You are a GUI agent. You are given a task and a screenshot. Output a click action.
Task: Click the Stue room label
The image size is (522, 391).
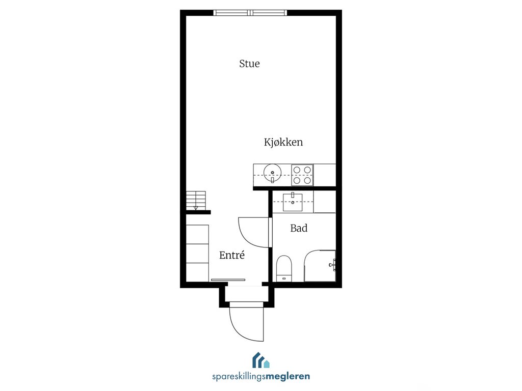(249, 64)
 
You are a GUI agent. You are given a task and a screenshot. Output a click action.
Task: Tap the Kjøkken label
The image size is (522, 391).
(283, 143)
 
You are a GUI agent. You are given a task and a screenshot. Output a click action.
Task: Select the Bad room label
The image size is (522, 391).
(299, 228)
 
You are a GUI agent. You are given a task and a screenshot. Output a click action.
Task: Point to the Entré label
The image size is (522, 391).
(232, 255)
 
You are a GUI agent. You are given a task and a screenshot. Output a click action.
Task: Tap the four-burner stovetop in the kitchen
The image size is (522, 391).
(302, 175)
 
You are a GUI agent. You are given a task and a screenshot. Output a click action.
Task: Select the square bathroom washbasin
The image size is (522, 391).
(293, 202)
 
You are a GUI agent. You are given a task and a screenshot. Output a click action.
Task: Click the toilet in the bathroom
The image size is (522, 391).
(284, 268)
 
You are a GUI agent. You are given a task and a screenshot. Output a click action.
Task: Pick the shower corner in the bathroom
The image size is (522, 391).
(320, 266)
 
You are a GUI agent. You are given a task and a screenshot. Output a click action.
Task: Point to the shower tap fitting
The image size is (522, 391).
(332, 265)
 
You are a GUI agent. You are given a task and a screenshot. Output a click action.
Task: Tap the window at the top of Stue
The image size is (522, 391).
(250, 13)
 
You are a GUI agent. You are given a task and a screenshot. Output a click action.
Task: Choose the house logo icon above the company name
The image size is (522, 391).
(261, 360)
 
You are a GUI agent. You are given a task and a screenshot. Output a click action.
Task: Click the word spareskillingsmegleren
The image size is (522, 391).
(261, 376)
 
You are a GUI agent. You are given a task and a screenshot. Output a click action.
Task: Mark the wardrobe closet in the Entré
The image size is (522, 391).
(197, 253)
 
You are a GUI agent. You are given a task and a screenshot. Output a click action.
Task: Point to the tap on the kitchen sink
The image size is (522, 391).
(272, 180)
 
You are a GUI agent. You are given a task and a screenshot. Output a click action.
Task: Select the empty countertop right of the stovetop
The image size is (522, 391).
(324, 175)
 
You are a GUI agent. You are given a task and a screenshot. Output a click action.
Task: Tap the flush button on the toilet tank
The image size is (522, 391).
(284, 278)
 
